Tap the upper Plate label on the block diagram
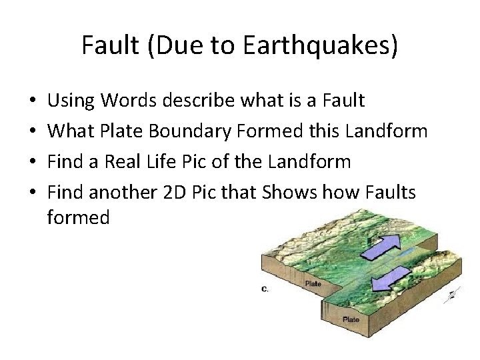(x=313, y=283)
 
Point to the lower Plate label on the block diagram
(x=351, y=319)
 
